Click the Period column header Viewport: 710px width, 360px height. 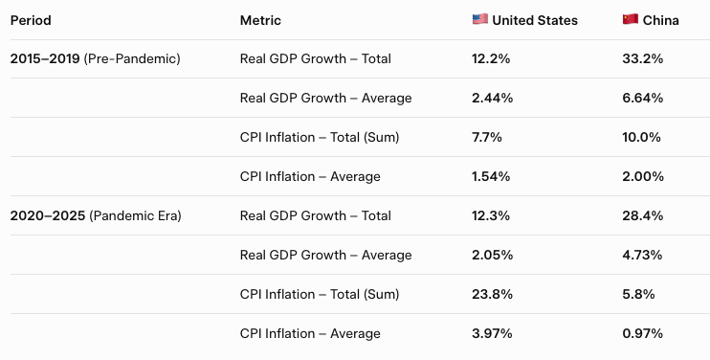(31, 20)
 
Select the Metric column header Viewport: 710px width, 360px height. (260, 20)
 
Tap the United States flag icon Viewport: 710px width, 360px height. (480, 19)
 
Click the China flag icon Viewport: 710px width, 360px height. (631, 19)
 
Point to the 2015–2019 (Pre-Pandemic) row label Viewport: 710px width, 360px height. (95, 58)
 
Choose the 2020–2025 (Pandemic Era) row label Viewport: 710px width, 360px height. (96, 216)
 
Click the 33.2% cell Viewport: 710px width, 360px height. (642, 58)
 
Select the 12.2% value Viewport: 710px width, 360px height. (491, 58)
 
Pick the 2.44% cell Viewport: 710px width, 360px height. (492, 99)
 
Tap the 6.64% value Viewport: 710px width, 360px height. (642, 99)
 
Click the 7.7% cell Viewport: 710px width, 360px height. (487, 137)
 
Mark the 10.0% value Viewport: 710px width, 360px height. (642, 137)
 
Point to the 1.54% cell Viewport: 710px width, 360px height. (491, 176)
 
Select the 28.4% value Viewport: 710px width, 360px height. (642, 216)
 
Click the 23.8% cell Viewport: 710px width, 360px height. (492, 294)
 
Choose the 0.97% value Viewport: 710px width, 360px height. (642, 334)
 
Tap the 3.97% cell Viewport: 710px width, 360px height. (492, 334)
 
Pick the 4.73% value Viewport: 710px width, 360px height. (642, 255)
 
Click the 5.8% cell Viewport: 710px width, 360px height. (638, 294)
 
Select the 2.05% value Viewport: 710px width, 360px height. (492, 255)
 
